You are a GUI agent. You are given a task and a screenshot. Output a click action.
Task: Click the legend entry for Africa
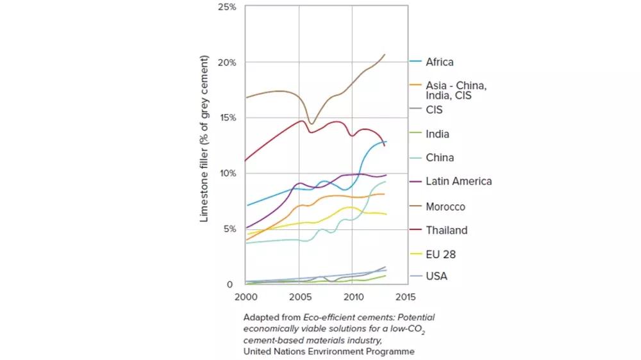click(x=439, y=62)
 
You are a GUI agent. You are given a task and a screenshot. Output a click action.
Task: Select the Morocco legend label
click(x=445, y=207)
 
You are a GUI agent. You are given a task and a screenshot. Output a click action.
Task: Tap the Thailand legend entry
click(x=446, y=230)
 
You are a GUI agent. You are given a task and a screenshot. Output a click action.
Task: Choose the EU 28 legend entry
click(x=440, y=254)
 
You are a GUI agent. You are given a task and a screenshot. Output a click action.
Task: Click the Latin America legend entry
click(x=458, y=181)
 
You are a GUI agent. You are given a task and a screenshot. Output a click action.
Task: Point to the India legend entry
click(x=437, y=134)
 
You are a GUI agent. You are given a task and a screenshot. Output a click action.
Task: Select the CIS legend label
click(x=434, y=110)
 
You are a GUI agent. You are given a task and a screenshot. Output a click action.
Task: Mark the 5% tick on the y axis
click(x=229, y=229)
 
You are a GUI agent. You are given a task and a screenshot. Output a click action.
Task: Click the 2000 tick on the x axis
click(x=246, y=297)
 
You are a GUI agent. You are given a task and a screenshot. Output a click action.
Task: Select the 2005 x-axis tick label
click(x=299, y=297)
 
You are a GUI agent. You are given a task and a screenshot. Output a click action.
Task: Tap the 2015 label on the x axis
click(x=406, y=297)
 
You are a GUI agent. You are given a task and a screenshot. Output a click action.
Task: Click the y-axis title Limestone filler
click(x=205, y=138)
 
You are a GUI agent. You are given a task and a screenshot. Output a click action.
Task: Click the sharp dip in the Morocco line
click(x=312, y=123)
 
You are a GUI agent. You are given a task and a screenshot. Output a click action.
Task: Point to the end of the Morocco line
click(x=385, y=54)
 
